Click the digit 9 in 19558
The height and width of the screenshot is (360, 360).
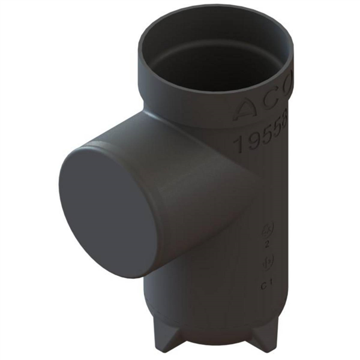[x=252, y=143]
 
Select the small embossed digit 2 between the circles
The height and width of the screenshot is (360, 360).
[x=266, y=245]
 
